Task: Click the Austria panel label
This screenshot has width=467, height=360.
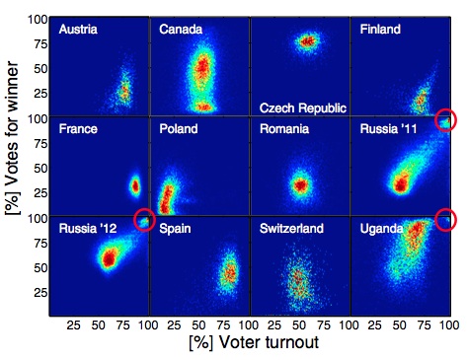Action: pyautogui.click(x=78, y=31)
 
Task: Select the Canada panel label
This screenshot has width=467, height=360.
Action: pyautogui.click(x=182, y=31)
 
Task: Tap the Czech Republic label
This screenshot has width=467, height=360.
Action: pyautogui.click(x=299, y=106)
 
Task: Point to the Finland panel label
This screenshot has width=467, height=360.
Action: pyautogui.click(x=381, y=31)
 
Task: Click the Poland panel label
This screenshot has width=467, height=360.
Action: pyautogui.click(x=179, y=129)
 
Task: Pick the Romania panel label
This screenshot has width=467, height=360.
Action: pyautogui.click(x=284, y=129)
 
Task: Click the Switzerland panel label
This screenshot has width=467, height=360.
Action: pyautogui.click(x=291, y=229)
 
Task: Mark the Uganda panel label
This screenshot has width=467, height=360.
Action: pyautogui.click(x=381, y=229)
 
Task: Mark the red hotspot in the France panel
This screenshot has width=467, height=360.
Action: pyautogui.click(x=136, y=185)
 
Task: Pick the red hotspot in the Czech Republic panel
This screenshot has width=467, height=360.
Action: pyautogui.click(x=307, y=41)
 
